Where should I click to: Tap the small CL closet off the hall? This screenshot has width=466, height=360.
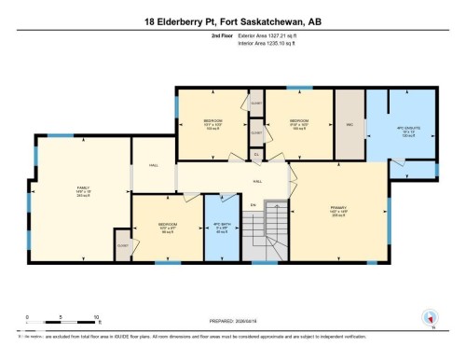pyautogui.click(x=256, y=155)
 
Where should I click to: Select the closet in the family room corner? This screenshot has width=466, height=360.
pyautogui.click(x=122, y=245)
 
